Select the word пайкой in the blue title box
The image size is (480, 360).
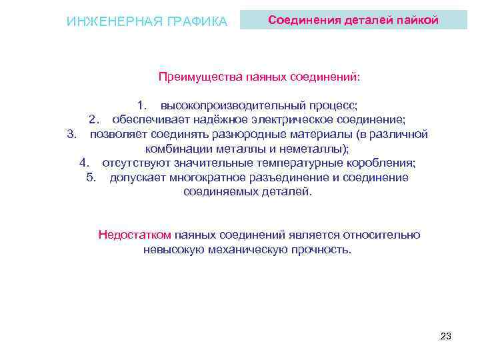click(417, 20)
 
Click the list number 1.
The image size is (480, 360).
click(141, 105)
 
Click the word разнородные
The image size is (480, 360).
click(262, 134)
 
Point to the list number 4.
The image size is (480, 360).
click(84, 163)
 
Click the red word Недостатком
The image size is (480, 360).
click(135, 235)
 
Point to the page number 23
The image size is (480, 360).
click(446, 336)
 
